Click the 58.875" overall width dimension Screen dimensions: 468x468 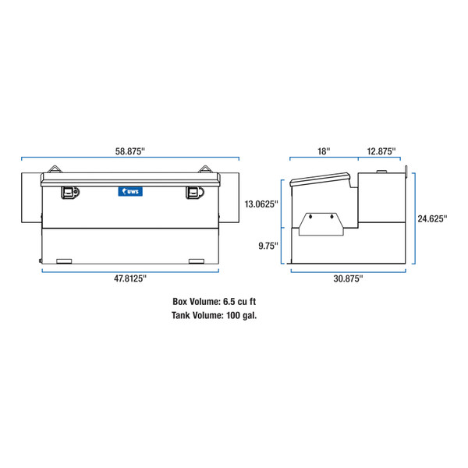point(130,152)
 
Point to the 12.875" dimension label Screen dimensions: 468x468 point(378,151)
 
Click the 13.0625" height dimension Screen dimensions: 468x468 point(261,205)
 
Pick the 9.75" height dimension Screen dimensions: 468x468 point(268,246)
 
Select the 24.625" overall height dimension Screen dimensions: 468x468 point(432,219)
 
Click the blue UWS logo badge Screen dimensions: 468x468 point(129,190)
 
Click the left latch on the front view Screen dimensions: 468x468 point(70,191)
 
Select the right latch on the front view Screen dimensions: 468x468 point(193,191)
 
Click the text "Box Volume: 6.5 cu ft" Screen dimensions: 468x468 point(213,301)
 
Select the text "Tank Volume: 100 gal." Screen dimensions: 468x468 point(213,316)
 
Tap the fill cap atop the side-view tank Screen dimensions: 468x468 point(382,170)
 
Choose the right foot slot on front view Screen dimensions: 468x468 point(197,261)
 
